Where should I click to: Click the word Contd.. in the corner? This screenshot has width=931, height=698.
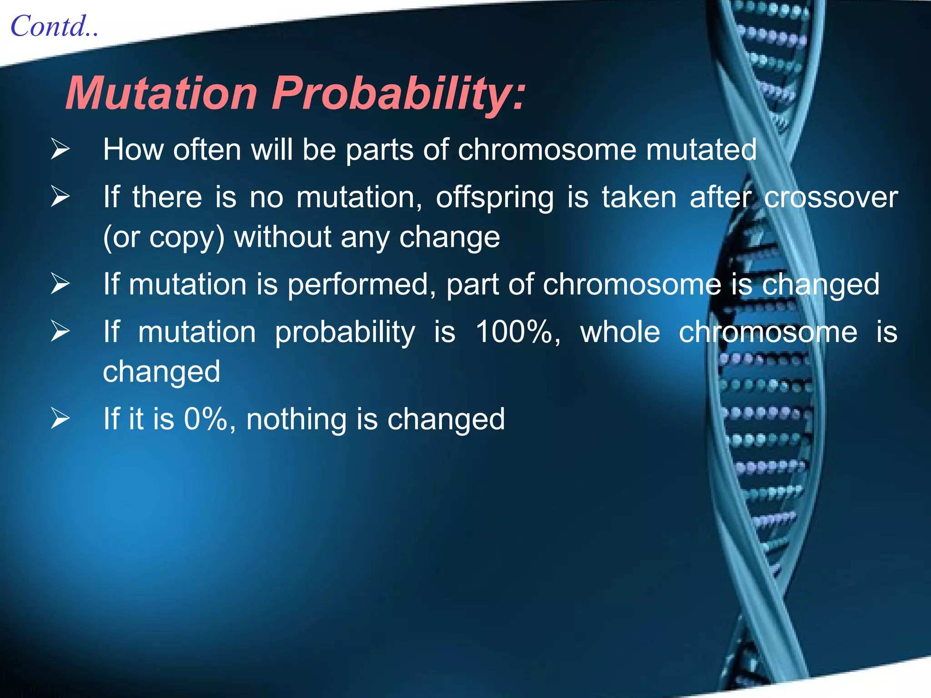54,26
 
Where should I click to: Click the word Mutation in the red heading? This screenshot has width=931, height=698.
161,93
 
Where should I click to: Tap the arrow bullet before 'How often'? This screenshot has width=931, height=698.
60,150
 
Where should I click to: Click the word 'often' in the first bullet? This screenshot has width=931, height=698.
207,150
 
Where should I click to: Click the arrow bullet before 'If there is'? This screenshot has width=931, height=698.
60,197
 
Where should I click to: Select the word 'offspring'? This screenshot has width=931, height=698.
495,198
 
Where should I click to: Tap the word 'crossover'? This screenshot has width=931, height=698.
831,197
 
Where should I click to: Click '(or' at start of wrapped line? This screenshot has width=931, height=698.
121,237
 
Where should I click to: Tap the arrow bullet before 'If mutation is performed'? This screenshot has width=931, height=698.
60,284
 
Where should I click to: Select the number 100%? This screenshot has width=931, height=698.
518,332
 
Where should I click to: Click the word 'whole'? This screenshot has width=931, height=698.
620,332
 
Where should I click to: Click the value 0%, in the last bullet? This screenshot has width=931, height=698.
210,419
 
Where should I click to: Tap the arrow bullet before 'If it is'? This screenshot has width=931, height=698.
60,419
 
